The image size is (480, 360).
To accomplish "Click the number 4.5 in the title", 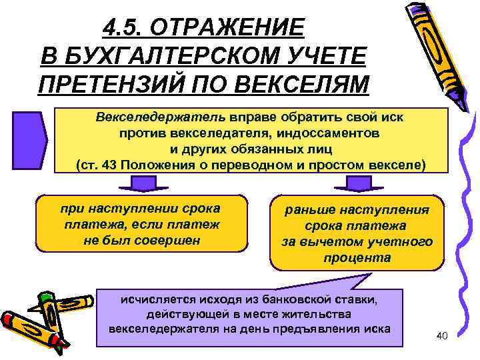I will click(x=124, y=27).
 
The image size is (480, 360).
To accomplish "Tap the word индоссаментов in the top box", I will click(x=328, y=133).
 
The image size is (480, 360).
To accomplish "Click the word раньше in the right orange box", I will click(x=310, y=210).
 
